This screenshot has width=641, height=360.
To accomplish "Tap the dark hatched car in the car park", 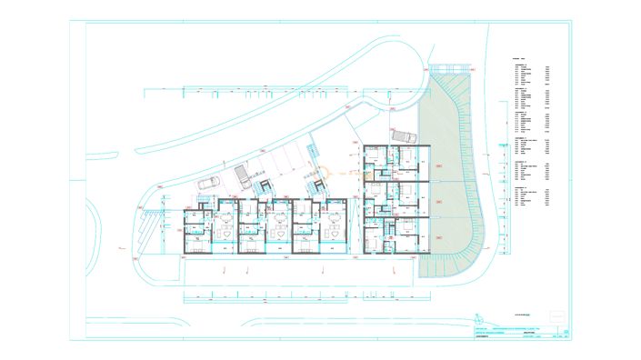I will point(240,174).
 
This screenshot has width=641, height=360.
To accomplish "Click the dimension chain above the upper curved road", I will point(264,88).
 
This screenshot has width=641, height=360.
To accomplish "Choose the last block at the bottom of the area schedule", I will point(532,200).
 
